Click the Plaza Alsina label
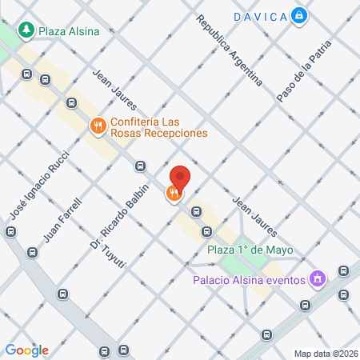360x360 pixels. point(70,31)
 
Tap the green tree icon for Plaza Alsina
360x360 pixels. point(26,30)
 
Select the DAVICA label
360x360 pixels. point(261,15)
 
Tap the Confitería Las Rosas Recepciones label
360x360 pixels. point(159,127)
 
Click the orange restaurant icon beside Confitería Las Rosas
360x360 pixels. point(97,126)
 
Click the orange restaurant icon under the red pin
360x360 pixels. point(173,193)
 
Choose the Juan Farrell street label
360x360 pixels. point(63,218)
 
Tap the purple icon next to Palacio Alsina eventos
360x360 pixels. point(318,279)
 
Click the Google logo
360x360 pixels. point(27,350)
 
